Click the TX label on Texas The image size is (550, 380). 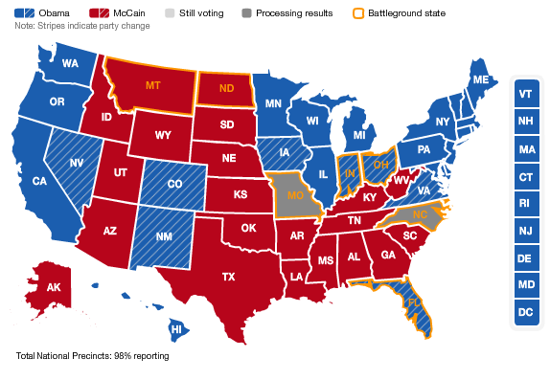[x=229, y=277]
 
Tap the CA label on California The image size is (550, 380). [x=40, y=181]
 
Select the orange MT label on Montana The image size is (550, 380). [x=153, y=85]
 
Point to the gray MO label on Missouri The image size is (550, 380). [x=293, y=196]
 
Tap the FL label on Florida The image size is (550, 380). [x=414, y=302]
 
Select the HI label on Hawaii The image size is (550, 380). [x=176, y=329]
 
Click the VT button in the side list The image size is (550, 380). [x=525, y=95]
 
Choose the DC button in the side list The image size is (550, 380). [x=525, y=312]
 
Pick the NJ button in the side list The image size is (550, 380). [x=525, y=231]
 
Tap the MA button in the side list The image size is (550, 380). [x=525, y=149]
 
